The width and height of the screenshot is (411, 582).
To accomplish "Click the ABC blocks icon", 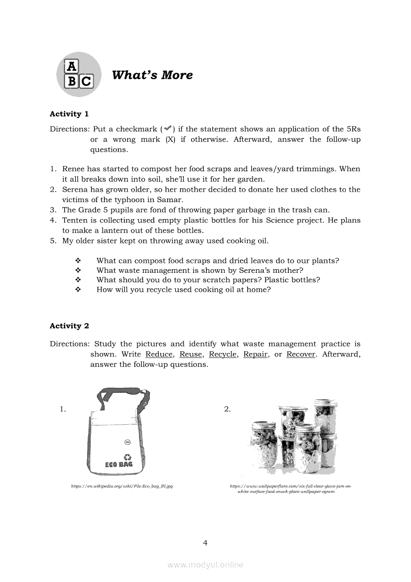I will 79,74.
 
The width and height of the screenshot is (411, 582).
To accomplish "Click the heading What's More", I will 152,75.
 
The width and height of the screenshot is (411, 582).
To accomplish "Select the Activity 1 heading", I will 69,114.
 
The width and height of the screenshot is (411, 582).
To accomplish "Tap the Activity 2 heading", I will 69,326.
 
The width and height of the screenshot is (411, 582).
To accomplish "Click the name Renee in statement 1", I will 74,169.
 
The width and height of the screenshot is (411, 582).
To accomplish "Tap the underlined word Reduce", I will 159,354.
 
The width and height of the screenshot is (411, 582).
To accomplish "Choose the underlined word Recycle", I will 222,354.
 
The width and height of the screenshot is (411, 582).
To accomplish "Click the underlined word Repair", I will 256,354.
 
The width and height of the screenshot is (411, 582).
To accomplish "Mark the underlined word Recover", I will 301,354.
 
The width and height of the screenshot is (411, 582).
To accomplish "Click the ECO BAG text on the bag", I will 119,464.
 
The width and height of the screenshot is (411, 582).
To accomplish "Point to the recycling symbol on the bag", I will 127,456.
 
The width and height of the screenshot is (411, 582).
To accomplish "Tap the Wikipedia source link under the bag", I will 122,485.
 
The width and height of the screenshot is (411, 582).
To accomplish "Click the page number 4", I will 205,543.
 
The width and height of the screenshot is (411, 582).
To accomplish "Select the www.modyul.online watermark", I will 205,565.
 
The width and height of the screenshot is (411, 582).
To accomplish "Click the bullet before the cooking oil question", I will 78,290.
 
